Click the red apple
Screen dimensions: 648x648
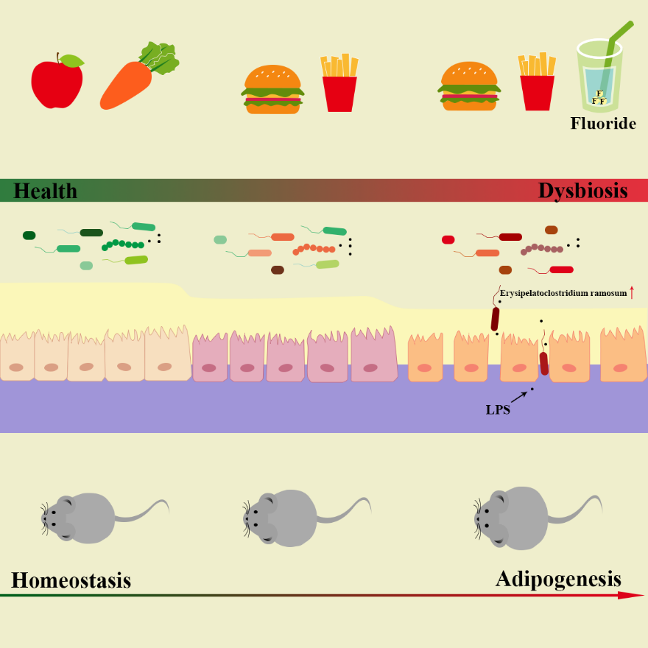[56, 84]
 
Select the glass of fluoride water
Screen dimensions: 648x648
[601, 81]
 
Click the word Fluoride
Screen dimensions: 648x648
[602, 124]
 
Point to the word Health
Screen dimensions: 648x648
[46, 191]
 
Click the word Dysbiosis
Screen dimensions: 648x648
[582, 191]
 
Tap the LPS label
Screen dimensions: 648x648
[497, 410]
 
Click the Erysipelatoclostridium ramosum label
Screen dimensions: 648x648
[563, 293]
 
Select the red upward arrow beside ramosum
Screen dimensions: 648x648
[632, 292]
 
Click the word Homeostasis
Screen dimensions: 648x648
[71, 580]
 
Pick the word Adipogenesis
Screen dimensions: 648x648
[558, 578]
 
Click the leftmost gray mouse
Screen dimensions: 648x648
[81, 518]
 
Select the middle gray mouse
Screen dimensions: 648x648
[283, 517]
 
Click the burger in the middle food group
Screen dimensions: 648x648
[272, 89]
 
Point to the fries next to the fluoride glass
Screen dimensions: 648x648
[537, 82]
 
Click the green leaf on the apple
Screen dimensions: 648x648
[71, 60]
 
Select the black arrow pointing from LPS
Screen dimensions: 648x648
[519, 397]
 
